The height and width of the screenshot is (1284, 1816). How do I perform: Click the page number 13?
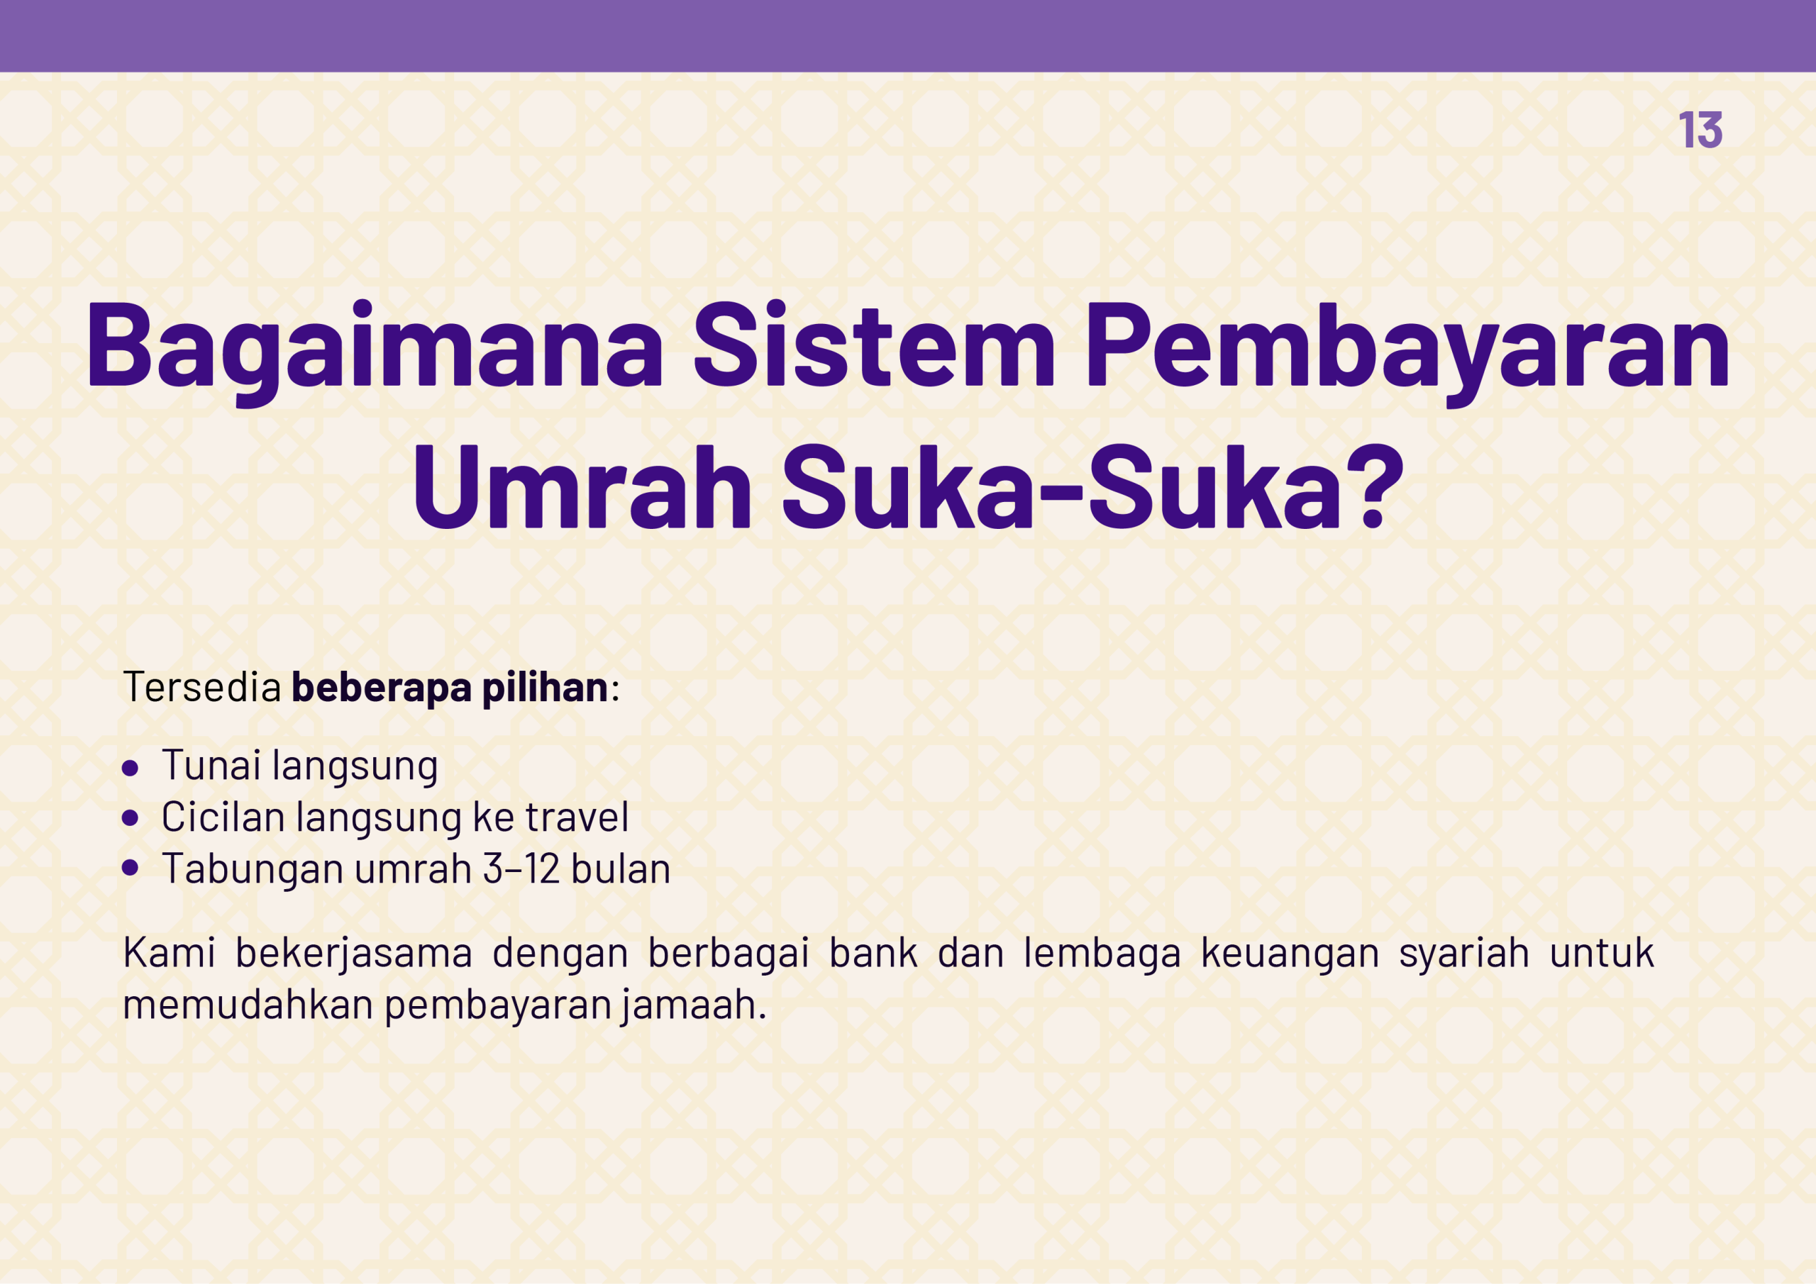(x=1700, y=130)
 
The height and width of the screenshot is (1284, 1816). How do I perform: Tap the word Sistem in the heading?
(x=874, y=345)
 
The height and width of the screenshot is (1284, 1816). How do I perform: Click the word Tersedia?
(x=202, y=686)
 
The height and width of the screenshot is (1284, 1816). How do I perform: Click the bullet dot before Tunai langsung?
(x=131, y=768)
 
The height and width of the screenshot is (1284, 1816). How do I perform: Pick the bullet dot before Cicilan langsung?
(x=131, y=818)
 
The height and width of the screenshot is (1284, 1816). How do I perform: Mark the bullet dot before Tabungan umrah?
(x=131, y=868)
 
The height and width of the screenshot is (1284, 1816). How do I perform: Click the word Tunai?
(x=211, y=765)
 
